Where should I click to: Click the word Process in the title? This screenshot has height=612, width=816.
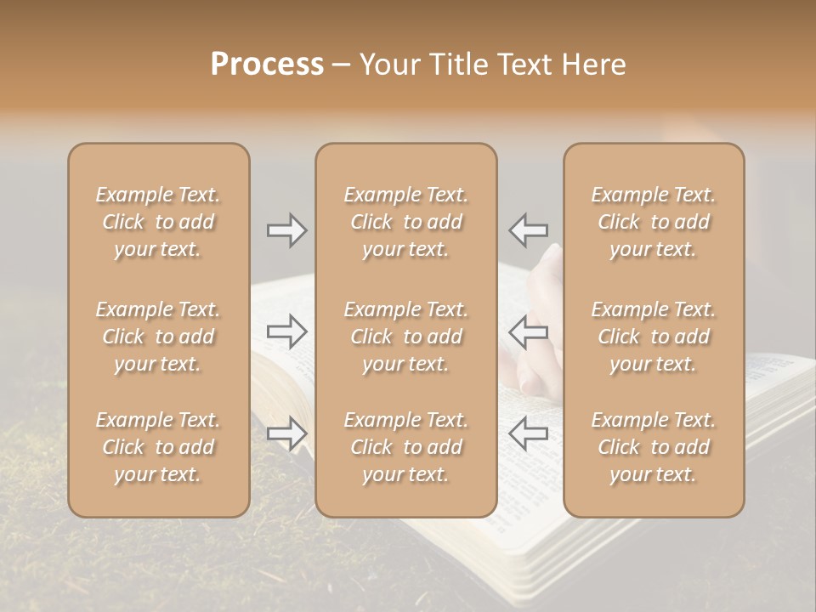[267, 65]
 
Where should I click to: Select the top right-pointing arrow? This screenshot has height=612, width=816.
[287, 229]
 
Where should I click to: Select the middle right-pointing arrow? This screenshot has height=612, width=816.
[287, 332]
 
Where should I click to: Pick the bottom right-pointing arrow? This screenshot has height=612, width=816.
[287, 433]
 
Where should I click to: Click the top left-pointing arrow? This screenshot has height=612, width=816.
[528, 229]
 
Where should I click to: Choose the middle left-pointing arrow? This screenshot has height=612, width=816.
[528, 332]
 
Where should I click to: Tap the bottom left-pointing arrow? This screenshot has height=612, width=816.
[528, 433]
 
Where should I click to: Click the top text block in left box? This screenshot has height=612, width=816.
[158, 222]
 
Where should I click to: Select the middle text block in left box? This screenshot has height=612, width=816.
[158, 337]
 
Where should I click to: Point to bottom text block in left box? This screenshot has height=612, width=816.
[158, 447]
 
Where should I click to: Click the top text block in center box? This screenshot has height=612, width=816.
[406, 222]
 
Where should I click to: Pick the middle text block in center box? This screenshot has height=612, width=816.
[406, 337]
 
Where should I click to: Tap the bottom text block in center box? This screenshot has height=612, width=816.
[406, 447]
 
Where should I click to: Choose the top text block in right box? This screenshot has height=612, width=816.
[654, 222]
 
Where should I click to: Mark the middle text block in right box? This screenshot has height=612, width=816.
[654, 337]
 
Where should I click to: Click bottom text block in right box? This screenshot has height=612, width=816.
[654, 447]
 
